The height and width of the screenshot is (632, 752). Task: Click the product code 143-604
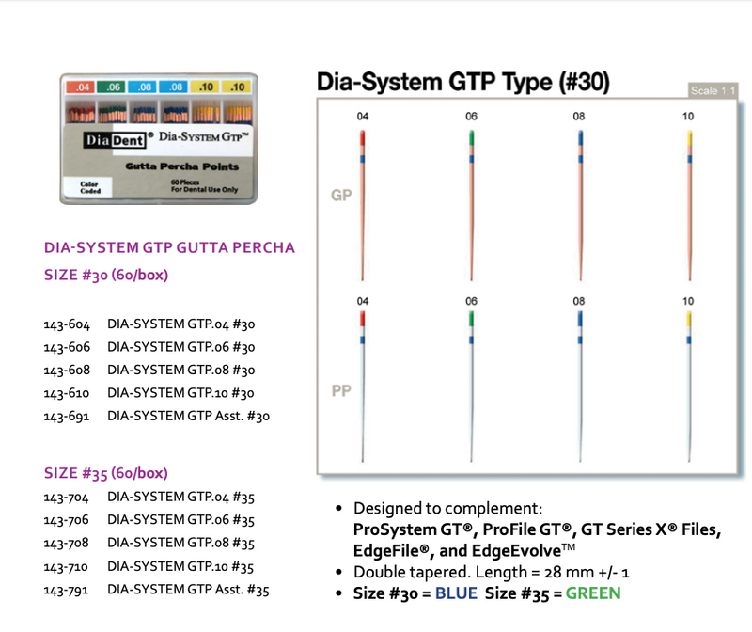(66, 324)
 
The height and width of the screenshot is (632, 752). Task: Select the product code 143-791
(66, 590)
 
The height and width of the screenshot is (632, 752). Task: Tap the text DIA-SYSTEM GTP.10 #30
(181, 393)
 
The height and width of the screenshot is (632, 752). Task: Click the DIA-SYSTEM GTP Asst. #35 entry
(189, 590)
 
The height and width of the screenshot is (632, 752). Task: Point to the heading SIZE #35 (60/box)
(106, 473)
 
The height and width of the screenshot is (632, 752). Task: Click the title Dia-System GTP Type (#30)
(462, 82)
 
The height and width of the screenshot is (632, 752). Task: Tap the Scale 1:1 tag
(713, 90)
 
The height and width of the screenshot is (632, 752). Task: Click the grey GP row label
(340, 196)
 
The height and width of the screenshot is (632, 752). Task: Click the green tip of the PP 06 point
(471, 319)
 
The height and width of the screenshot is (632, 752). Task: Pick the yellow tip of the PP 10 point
(690, 319)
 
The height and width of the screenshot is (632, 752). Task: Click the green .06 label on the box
(115, 87)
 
